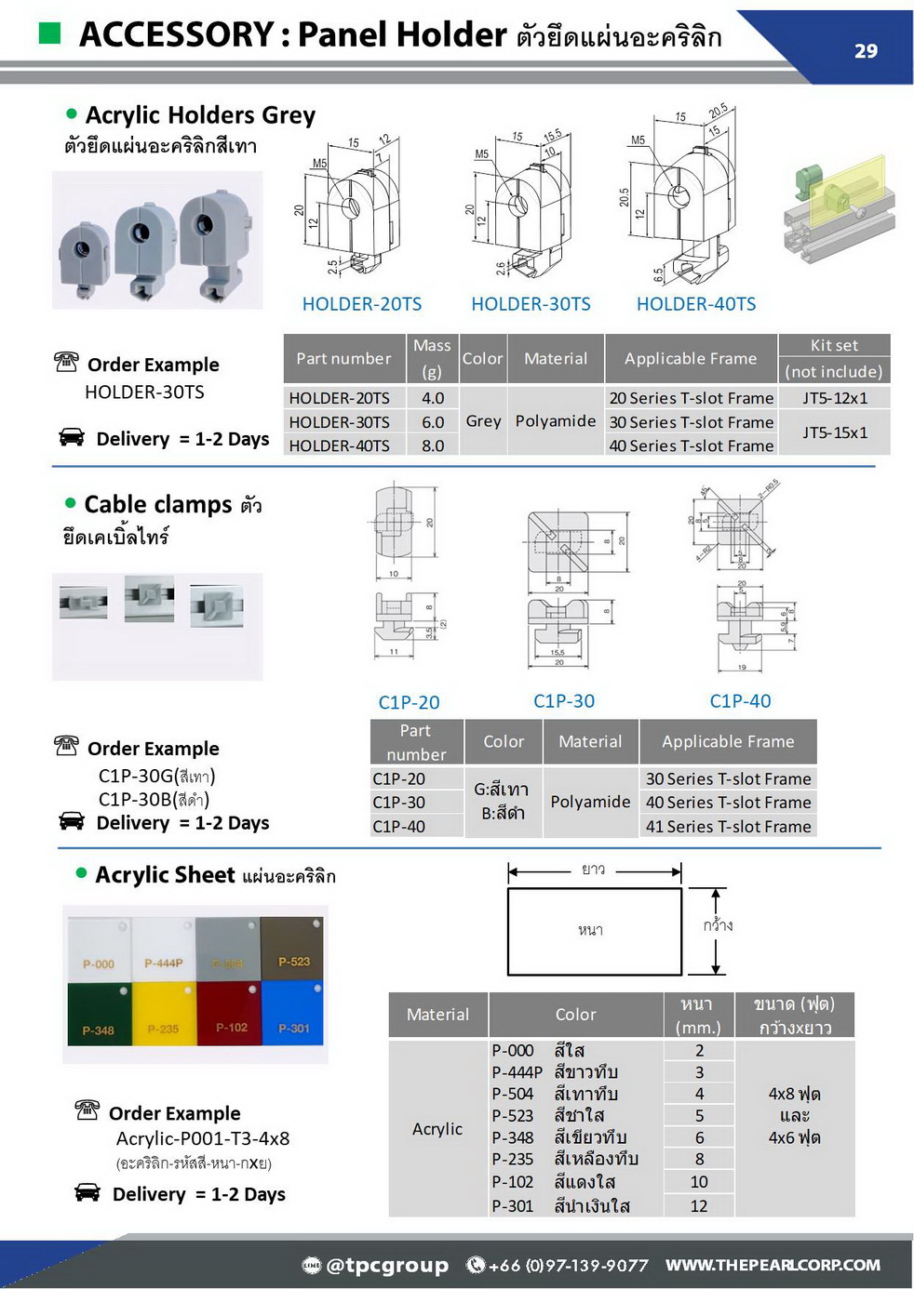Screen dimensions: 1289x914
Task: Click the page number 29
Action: click(866, 51)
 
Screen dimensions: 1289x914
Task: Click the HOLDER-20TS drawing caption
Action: click(362, 304)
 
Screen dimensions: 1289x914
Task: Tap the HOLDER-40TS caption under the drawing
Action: click(696, 304)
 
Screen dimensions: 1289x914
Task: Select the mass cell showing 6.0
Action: click(433, 422)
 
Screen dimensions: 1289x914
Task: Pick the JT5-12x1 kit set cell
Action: click(835, 398)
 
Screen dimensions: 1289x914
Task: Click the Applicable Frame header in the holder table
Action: click(691, 359)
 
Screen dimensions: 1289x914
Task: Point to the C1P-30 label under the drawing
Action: click(564, 701)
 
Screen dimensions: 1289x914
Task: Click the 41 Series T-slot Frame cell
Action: click(728, 827)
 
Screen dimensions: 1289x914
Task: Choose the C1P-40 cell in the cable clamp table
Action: click(399, 827)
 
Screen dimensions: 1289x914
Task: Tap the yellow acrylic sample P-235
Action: click(164, 1020)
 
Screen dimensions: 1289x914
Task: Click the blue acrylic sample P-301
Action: click(292, 1018)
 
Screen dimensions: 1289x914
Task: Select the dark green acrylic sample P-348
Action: click(99, 1020)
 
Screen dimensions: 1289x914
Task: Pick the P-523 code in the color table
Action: click(513, 1115)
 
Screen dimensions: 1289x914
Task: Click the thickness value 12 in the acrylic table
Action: click(699, 1206)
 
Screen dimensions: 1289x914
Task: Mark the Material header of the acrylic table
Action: click(437, 1015)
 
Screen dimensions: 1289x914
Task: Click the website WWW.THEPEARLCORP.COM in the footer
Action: click(773, 1265)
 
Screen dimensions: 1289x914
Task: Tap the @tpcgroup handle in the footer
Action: click(387, 1265)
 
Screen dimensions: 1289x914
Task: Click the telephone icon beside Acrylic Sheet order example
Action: click(87, 1110)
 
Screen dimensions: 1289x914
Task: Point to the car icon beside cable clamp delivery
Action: click(72, 820)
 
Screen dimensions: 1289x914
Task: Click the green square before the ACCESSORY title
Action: click(50, 34)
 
